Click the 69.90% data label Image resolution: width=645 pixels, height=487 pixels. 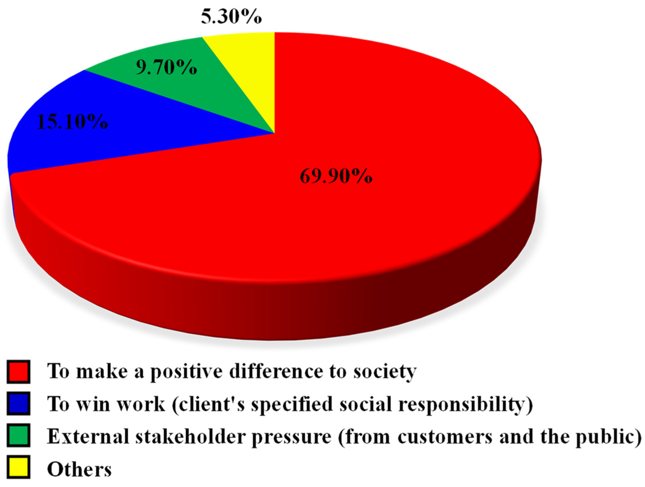coord(336,176)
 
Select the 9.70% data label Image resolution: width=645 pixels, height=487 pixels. coord(167,67)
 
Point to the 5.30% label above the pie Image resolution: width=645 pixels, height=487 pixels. coord(231,16)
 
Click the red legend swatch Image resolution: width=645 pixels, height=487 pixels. coord(19,372)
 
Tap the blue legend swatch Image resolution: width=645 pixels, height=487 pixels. coord(19,404)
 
